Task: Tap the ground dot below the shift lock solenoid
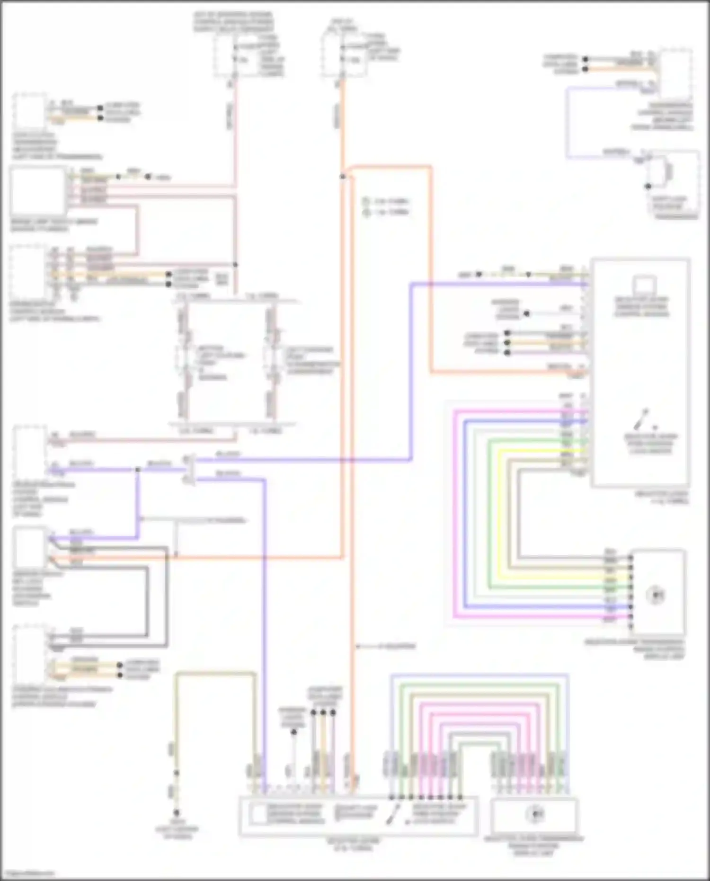648,187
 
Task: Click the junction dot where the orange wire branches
343,177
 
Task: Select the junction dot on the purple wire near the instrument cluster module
138,470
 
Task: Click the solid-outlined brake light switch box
38,191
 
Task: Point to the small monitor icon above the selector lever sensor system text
644,285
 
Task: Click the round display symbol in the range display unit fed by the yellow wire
656,595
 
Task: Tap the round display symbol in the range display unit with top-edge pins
535,813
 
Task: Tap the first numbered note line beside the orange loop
391,202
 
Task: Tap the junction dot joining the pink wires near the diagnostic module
235,265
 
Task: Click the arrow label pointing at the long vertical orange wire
386,646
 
